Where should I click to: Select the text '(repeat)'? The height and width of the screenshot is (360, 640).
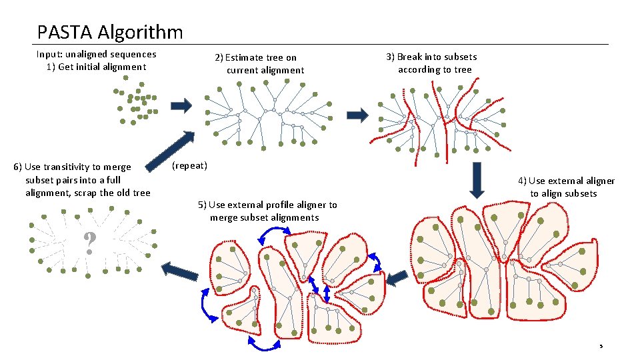(189, 165)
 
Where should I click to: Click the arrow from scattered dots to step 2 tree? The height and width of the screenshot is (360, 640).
(181, 105)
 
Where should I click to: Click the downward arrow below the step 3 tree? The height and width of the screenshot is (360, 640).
(476, 179)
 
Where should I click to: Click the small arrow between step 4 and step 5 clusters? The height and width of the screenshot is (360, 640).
(397, 276)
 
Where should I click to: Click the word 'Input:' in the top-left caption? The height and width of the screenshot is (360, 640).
(50, 54)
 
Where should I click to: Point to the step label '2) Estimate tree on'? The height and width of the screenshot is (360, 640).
(255, 58)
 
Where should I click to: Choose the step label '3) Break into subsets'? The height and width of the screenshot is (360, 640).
(431, 57)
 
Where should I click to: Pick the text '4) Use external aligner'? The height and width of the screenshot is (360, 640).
(567, 181)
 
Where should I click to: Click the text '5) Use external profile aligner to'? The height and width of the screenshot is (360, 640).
(267, 205)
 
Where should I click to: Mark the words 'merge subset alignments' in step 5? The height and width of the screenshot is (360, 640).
(264, 217)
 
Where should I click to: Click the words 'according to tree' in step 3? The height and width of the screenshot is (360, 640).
(435, 69)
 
